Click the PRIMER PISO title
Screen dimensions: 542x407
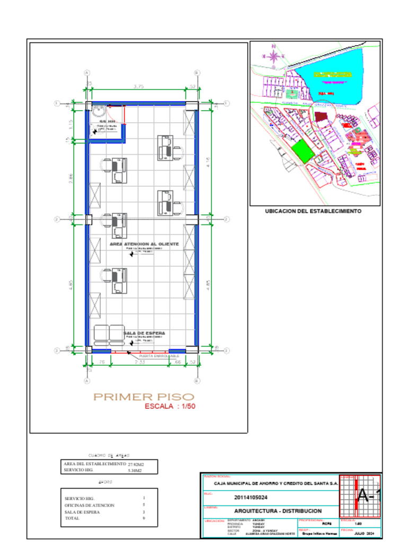[144, 396]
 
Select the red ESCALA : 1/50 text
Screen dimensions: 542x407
[170, 406]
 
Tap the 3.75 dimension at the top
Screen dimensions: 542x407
[139, 86]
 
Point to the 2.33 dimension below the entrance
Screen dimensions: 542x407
[139, 362]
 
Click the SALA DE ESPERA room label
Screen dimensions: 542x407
[145, 333]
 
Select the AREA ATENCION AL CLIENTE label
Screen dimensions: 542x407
[144, 244]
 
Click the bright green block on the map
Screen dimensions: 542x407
[303, 151]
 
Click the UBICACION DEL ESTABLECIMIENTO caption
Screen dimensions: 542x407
[313, 211]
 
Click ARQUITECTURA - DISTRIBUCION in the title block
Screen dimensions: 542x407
[278, 511]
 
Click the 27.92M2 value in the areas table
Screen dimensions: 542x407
[136, 464]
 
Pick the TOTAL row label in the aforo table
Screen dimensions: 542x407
[72, 518]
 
